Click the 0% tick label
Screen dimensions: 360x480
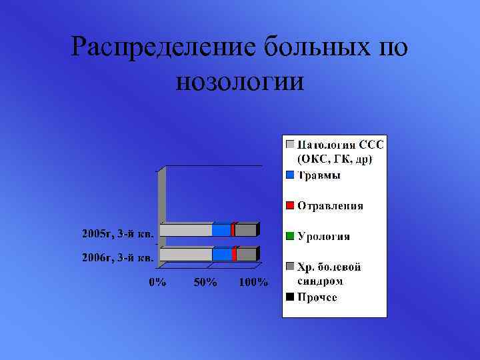pyautogui.click(x=157, y=282)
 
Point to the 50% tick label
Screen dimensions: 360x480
pyautogui.click(x=205, y=282)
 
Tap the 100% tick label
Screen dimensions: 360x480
pyautogui.click(x=253, y=282)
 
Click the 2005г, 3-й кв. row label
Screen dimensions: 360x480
pyautogui.click(x=117, y=233)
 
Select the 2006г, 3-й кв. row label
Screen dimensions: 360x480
pyautogui.click(x=117, y=257)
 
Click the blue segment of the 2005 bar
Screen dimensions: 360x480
pyautogui.click(x=221, y=230)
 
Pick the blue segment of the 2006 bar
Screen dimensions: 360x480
pyautogui.click(x=222, y=254)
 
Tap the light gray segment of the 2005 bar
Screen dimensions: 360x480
pyautogui.click(x=186, y=230)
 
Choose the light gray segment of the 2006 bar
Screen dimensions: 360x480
pyautogui.click(x=186, y=254)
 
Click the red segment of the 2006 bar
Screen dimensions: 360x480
pyautogui.click(x=234, y=254)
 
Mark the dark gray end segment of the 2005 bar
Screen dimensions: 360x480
pyautogui.click(x=245, y=230)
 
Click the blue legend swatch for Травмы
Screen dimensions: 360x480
pyautogui.click(x=290, y=175)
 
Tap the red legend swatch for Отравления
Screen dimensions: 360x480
pyautogui.click(x=290, y=205)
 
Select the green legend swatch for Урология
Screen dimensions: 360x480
pyautogui.click(x=290, y=235)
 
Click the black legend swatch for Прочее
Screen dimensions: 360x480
pyautogui.click(x=290, y=297)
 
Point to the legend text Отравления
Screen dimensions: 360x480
pyautogui.click(x=330, y=205)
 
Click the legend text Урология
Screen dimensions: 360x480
pyautogui.click(x=323, y=236)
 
